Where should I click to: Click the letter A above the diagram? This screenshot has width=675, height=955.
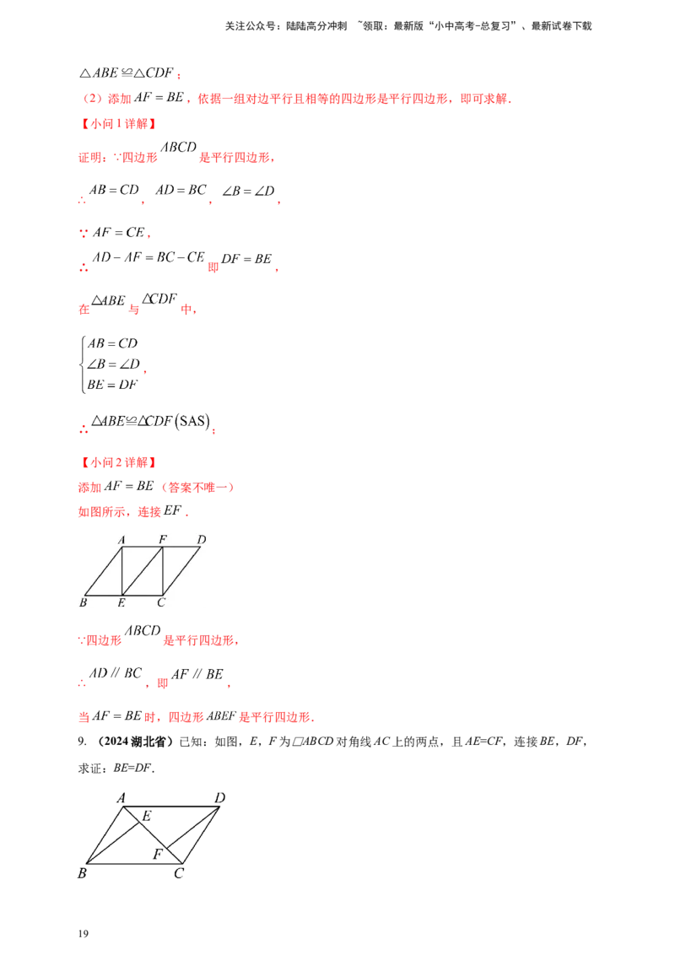pyautogui.click(x=121, y=539)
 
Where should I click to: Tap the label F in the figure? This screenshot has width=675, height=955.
pyautogui.click(x=163, y=539)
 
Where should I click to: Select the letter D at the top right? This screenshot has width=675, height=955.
pyautogui.click(x=202, y=539)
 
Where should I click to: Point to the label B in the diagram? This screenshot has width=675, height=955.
pyautogui.click(x=83, y=602)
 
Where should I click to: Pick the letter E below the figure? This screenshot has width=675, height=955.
pyautogui.click(x=121, y=602)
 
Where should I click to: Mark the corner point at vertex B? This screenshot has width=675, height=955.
pyautogui.click(x=84, y=595)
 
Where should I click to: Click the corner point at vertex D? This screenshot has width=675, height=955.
pyautogui.click(x=201, y=547)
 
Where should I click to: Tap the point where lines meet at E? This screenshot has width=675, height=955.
pyautogui.click(x=123, y=595)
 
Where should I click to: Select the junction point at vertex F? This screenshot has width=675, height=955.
pyautogui.click(x=162, y=547)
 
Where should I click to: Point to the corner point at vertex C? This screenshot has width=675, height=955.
pyautogui.click(x=162, y=595)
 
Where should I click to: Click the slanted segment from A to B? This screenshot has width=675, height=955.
pyautogui.click(x=104, y=570)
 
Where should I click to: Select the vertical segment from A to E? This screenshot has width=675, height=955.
pyautogui.click(x=123, y=570)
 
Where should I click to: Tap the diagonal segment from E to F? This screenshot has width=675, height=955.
pyautogui.click(x=143, y=570)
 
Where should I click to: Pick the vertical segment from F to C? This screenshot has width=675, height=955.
pyautogui.click(x=162, y=570)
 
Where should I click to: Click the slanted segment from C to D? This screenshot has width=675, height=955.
pyautogui.click(x=181, y=570)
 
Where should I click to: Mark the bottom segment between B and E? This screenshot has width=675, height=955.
pyautogui.click(x=104, y=595)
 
